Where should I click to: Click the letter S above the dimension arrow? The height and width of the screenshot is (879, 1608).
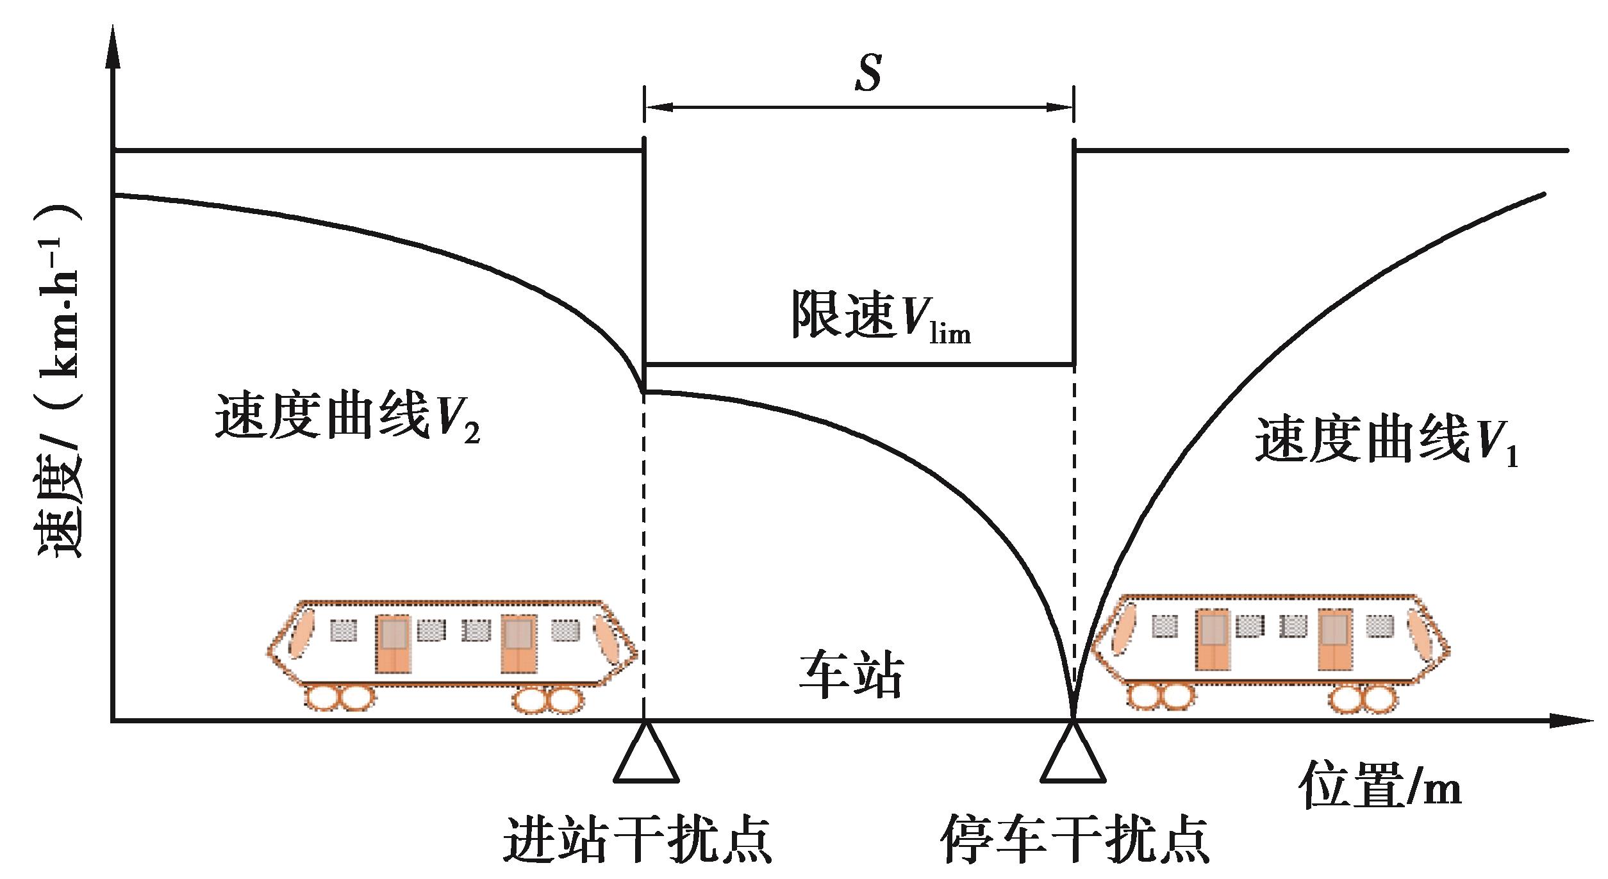coord(868,74)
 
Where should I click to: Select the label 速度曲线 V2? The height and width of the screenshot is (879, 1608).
coord(347,416)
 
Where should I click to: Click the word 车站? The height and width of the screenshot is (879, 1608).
coord(851,675)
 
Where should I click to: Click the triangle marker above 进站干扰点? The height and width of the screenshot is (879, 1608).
coord(645,756)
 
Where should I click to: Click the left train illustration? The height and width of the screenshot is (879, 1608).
coord(452,653)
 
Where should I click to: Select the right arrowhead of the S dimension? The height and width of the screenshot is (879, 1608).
coord(1061,108)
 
